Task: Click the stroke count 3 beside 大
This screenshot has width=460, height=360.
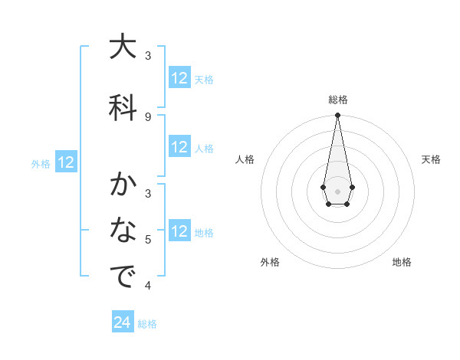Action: [148, 56]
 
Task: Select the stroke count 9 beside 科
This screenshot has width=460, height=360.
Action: [148, 116]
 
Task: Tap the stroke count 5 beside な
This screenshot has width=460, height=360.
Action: [148, 240]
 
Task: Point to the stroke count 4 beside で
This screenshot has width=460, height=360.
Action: [148, 286]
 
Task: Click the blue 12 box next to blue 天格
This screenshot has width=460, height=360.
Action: [179, 78]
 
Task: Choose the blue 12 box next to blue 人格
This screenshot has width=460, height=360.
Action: [179, 148]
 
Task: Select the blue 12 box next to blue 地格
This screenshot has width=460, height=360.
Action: [179, 231]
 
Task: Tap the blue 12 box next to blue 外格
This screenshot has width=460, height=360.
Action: [66, 162]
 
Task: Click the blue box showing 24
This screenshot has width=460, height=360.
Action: [123, 322]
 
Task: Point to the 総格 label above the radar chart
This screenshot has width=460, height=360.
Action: [337, 100]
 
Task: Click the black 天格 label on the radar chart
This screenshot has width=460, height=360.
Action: [431, 159]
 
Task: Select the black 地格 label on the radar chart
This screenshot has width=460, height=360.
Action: [402, 262]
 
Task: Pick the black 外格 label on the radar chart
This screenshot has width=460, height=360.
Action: [270, 262]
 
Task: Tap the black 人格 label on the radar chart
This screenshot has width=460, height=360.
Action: [245, 159]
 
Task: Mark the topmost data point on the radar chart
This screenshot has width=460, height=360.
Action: [337, 116]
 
